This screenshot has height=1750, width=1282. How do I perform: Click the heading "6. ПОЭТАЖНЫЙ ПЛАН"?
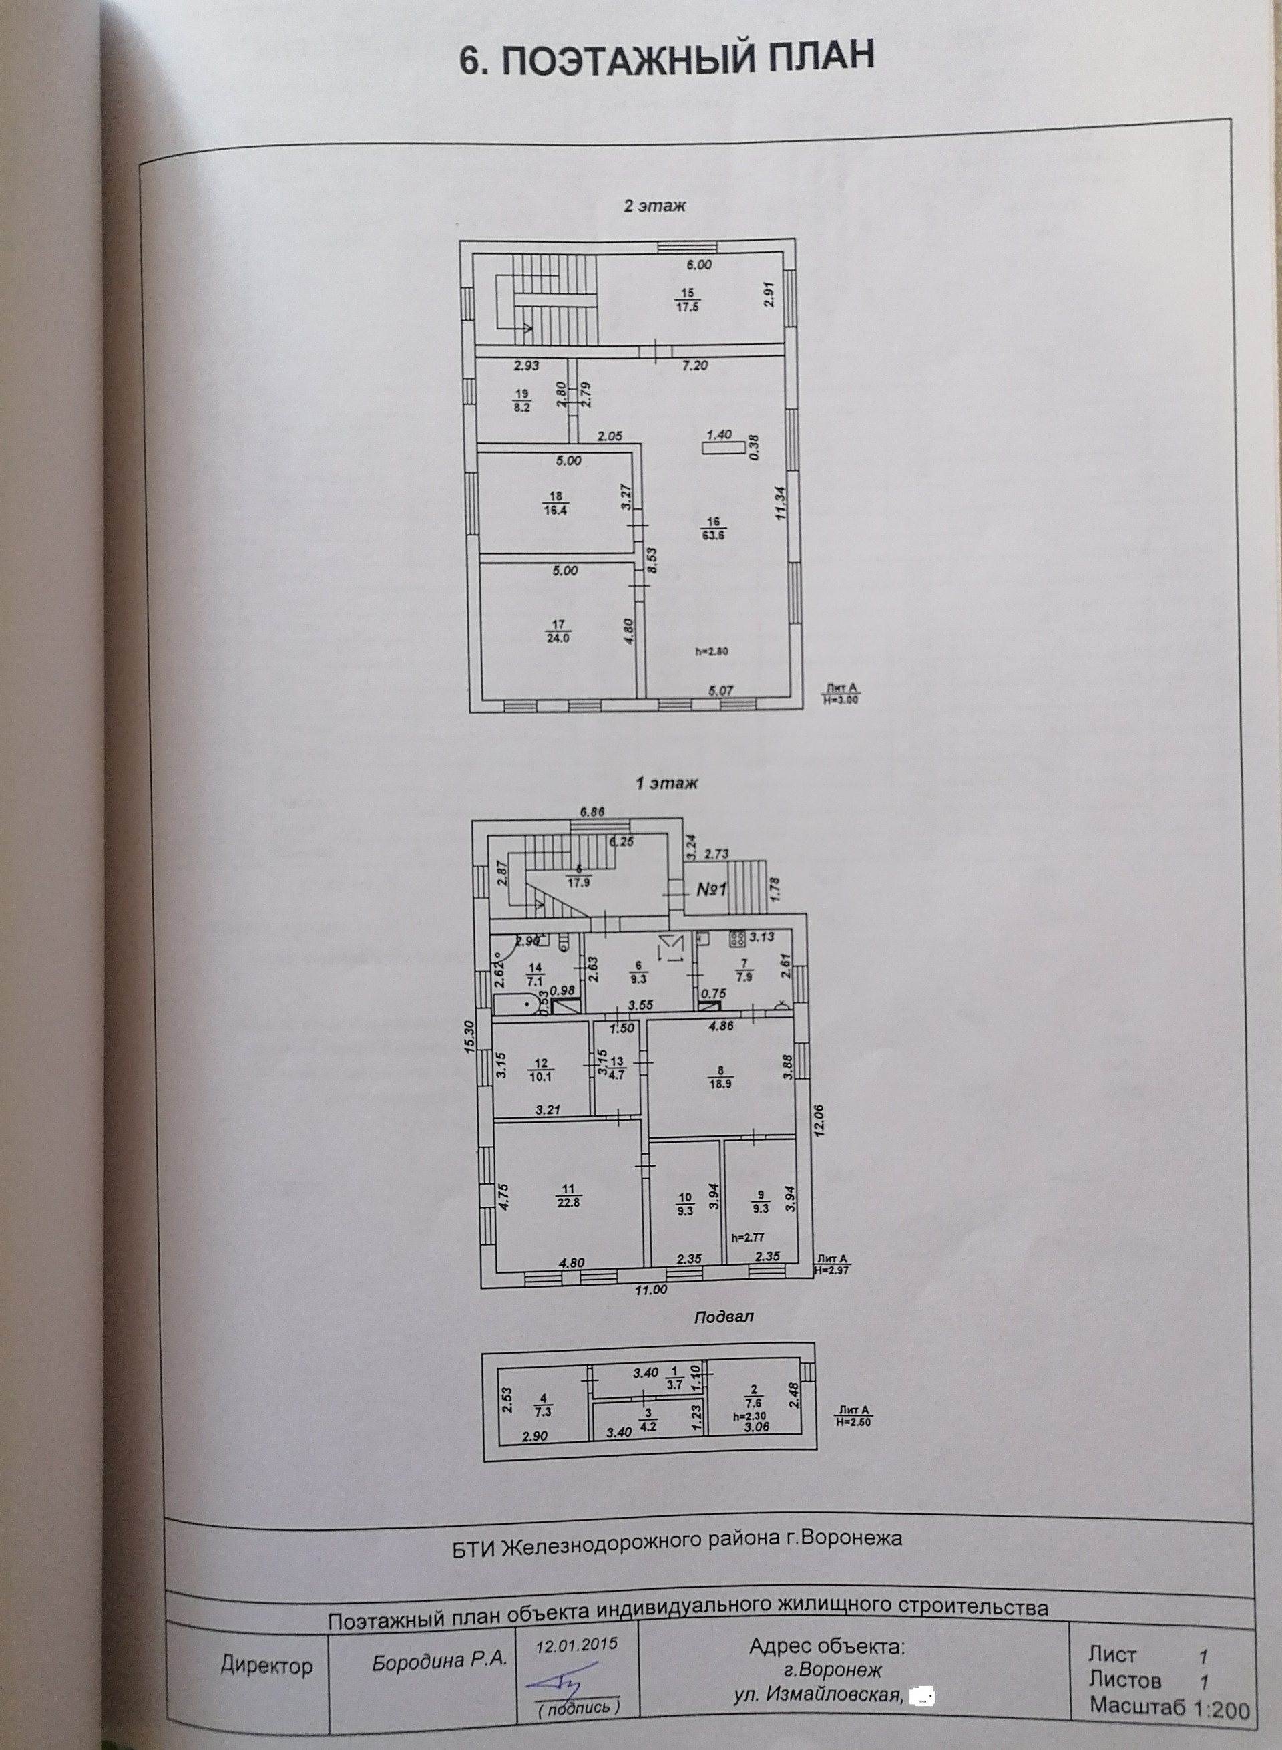pos(666,59)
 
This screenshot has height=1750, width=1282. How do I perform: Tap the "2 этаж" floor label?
pos(654,206)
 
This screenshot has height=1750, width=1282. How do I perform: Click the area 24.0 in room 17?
pos(557,638)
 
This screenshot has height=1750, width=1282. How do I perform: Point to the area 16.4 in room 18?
pos(555,510)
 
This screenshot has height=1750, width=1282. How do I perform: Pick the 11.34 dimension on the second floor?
pos(780,502)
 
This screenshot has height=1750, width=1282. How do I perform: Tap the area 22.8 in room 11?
pos(568,1203)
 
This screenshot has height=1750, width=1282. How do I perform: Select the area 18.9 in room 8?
pos(720,1084)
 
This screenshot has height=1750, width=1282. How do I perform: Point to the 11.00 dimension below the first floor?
pos(650,1290)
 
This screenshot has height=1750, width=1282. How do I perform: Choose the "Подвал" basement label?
pos(723,1318)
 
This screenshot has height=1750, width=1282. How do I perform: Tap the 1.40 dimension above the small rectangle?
pos(719,435)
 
